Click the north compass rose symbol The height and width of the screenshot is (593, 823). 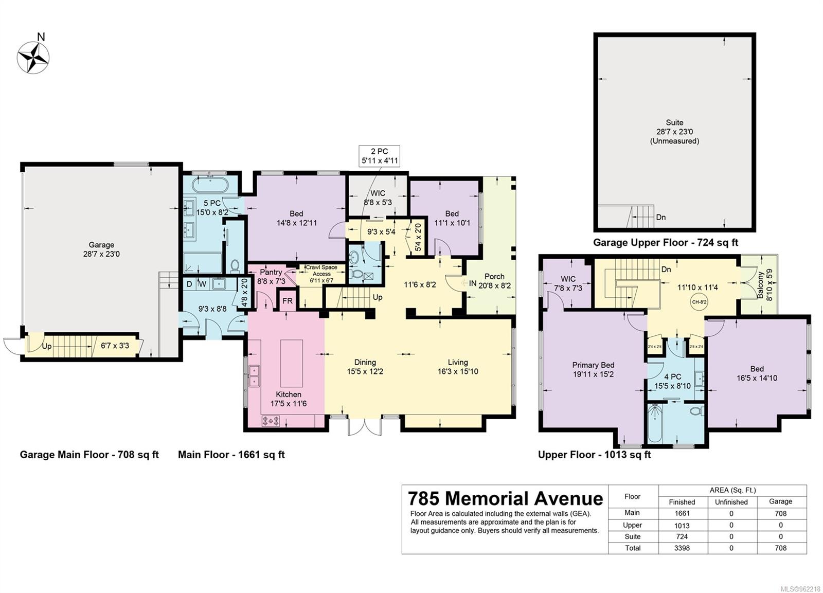click(33, 57)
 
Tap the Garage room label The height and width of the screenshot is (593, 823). click(101, 245)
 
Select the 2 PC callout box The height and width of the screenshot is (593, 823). click(379, 156)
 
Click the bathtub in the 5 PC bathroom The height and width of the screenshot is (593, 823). click(210, 185)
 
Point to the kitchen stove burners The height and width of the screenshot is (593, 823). click(271, 421)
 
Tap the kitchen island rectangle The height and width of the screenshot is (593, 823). click(291, 364)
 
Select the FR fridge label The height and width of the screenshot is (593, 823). click(288, 301)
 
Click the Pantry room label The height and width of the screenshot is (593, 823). click(271, 272)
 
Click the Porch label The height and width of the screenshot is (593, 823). click(494, 276)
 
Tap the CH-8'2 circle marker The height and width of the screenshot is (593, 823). click(699, 302)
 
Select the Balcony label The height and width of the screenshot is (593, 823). click(760, 285)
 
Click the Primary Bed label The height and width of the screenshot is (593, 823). click(593, 365)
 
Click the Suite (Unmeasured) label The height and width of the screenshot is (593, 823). click(674, 132)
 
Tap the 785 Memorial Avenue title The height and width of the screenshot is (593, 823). click(506, 498)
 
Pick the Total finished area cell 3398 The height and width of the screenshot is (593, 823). click(682, 548)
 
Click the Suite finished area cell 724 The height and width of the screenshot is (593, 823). click(682, 536)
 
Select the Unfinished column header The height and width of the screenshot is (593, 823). click(731, 502)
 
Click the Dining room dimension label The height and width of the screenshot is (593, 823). click(365, 371)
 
